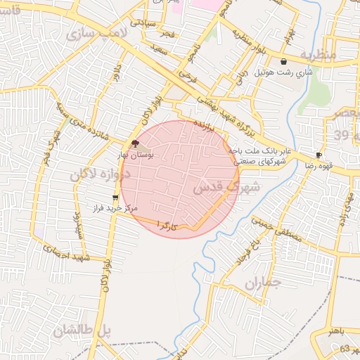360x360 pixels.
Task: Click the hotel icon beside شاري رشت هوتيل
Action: point(283,62)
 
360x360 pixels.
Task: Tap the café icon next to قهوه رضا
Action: point(319,155)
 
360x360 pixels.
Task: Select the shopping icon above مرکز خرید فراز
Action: point(115,198)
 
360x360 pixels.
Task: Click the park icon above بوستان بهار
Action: point(135,143)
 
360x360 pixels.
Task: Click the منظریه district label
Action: point(318,53)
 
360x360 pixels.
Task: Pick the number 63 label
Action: point(344,349)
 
